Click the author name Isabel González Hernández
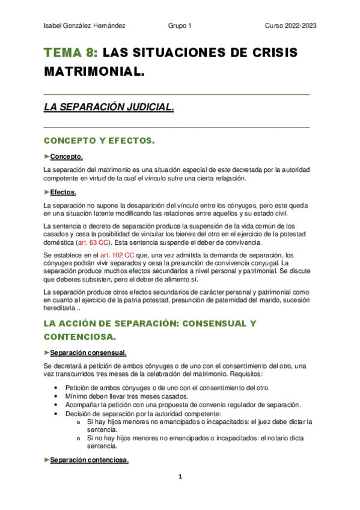(x=85, y=26)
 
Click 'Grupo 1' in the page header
(x=180, y=26)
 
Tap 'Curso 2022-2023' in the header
(x=291, y=26)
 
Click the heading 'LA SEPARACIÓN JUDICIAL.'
(x=109, y=108)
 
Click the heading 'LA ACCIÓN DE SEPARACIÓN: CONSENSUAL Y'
(x=150, y=324)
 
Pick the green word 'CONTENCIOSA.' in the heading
(x=80, y=337)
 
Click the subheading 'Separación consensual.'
(x=88, y=352)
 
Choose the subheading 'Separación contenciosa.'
(x=90, y=461)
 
